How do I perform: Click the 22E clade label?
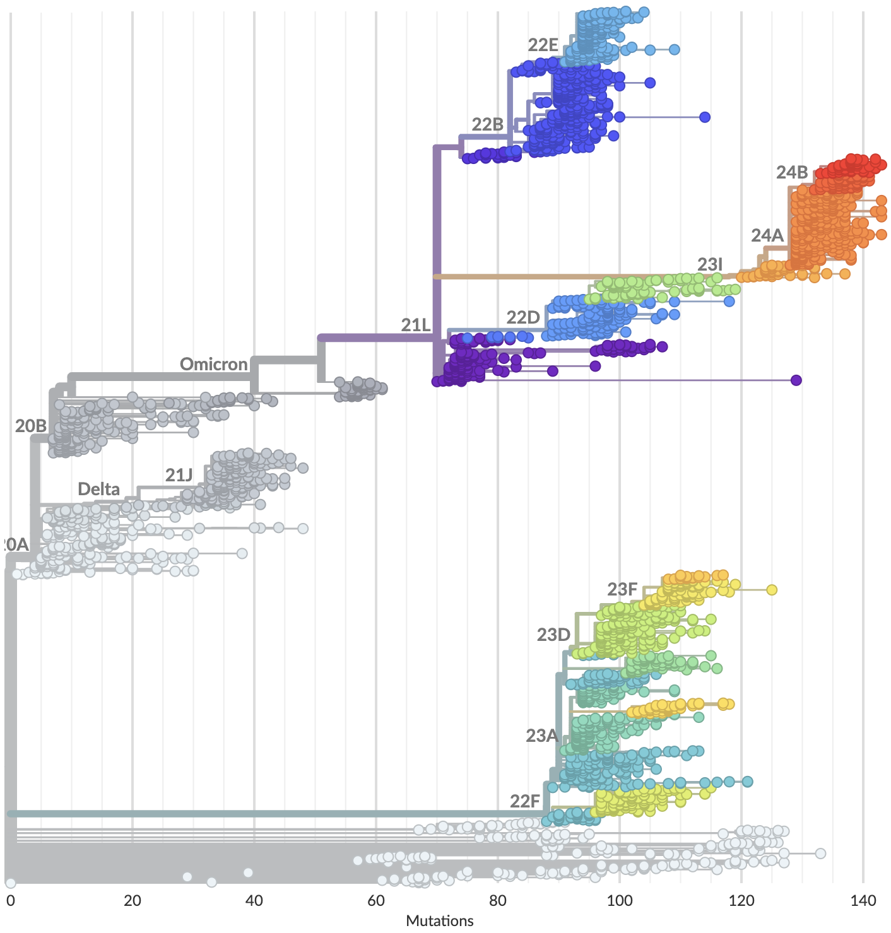coord(543,45)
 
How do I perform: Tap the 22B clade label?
coord(487,124)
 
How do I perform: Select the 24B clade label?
coord(792,172)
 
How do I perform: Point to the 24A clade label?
coord(767,235)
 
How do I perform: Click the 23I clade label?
coord(710,264)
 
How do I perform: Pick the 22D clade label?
coord(523,317)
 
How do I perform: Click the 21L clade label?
coord(416,326)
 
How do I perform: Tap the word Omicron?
coord(213,364)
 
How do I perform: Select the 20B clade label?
coord(31,426)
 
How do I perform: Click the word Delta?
coord(98,489)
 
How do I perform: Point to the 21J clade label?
coord(179,475)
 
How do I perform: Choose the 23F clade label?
coord(622,589)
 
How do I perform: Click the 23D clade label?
coord(553,635)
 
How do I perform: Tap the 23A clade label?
coord(542,736)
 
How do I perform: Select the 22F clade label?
coord(525,801)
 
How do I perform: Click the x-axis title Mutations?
coord(440,921)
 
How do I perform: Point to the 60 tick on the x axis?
coord(376,900)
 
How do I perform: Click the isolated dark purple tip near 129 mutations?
coord(796,380)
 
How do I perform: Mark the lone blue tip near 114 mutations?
coord(705,117)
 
